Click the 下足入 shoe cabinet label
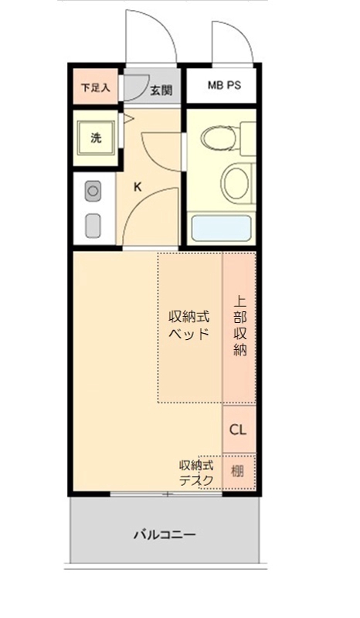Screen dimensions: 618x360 point(96,87)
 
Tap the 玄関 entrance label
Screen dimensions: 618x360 point(161,89)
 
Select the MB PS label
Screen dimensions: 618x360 point(224,86)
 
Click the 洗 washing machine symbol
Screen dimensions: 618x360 point(97,138)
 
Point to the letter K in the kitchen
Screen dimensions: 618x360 point(138,186)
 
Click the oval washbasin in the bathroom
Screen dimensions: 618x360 point(236,182)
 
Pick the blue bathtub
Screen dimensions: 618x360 point(222,229)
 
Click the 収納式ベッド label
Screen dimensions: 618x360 point(190,325)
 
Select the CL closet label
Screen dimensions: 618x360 point(239,430)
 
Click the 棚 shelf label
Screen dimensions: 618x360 point(239,470)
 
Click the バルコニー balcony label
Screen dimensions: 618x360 point(165,534)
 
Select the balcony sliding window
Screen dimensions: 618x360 point(166,494)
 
